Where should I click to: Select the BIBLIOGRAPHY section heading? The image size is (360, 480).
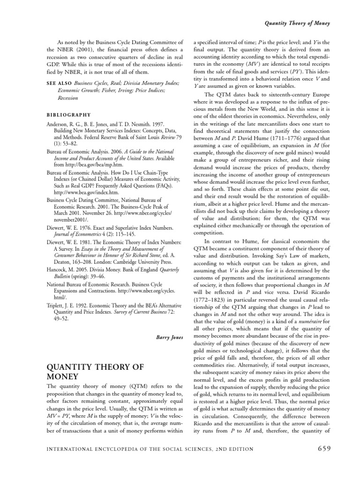coord(68,114)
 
